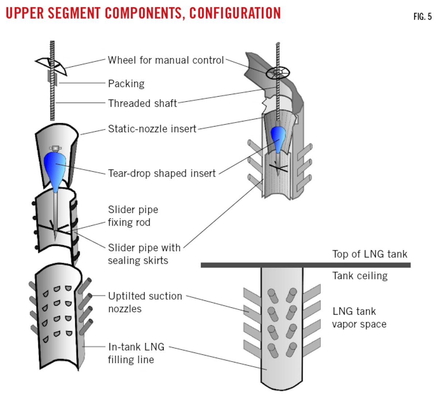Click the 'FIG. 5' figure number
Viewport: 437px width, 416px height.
click(x=422, y=16)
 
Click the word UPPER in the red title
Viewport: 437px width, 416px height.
click(x=25, y=13)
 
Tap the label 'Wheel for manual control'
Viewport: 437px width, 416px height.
click(x=166, y=60)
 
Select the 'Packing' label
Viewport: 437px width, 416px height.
click(x=126, y=83)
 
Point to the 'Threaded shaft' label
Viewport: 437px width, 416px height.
click(x=142, y=103)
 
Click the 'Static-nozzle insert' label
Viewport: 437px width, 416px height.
click(x=152, y=129)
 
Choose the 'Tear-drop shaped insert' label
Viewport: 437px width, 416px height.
click(x=162, y=173)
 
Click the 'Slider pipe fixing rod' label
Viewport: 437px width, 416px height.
click(x=133, y=216)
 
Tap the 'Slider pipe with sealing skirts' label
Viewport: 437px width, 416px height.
click(x=144, y=254)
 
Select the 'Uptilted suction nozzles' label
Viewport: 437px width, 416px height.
click(x=145, y=302)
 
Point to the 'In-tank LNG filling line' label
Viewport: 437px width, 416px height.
click(x=136, y=353)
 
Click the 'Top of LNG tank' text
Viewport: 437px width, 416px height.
click(x=370, y=254)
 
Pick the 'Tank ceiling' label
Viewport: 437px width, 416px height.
click(x=360, y=276)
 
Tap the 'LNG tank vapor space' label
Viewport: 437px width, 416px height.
click(x=359, y=318)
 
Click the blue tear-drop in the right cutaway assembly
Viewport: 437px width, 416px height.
click(x=277, y=139)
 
